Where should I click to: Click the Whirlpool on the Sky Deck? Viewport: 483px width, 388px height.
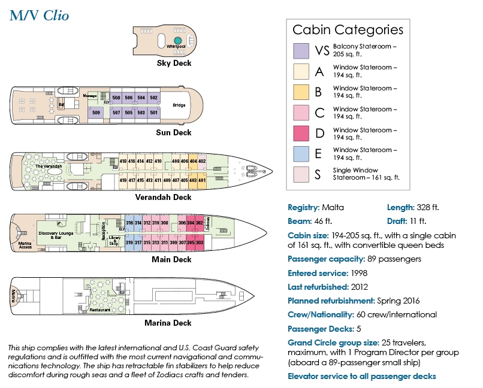coord(177,41)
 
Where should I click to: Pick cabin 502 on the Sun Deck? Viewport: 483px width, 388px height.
coord(154,98)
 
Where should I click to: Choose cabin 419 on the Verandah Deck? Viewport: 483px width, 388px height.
coord(123,180)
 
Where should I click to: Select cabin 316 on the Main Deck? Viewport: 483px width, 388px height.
coord(129,223)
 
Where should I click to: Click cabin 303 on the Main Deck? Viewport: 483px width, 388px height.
coord(200,242)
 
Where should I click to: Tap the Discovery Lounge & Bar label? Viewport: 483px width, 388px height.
coord(56,235)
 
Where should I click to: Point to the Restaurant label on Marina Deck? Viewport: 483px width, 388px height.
coord(100,310)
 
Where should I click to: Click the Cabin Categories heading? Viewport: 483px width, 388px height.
coord(348,29)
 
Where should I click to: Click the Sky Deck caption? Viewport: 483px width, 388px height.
coord(174,63)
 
